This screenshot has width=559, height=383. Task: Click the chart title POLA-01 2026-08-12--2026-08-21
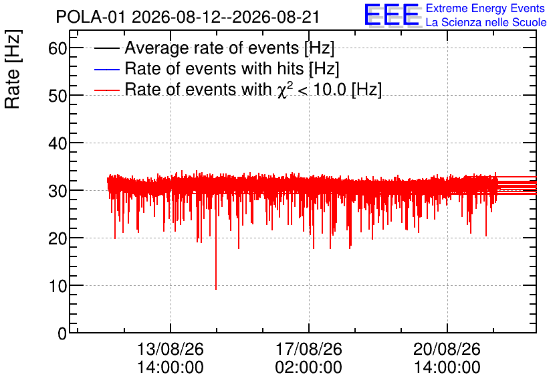click(187, 17)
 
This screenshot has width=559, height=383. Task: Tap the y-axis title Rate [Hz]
click(13, 69)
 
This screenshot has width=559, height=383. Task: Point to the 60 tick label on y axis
click(58, 48)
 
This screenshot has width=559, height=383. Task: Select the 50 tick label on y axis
click(58, 95)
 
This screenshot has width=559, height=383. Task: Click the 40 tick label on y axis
click(58, 143)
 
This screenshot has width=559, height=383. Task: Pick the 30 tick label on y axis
click(58, 191)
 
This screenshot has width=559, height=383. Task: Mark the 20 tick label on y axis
click(58, 238)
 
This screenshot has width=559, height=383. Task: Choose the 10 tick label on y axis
click(58, 285)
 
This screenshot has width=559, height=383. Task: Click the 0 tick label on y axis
click(62, 333)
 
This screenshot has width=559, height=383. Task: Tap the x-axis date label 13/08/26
click(171, 349)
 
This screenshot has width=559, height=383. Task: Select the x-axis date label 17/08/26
click(309, 349)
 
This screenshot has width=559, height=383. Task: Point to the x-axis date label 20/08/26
click(447, 349)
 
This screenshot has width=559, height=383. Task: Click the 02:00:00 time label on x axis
click(309, 368)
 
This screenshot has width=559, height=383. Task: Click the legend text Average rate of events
click(212, 48)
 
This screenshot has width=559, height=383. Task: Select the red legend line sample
click(106, 90)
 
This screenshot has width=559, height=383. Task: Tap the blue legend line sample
click(106, 69)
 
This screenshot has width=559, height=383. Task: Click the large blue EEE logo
click(392, 15)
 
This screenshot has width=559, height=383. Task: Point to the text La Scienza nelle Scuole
click(486, 23)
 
